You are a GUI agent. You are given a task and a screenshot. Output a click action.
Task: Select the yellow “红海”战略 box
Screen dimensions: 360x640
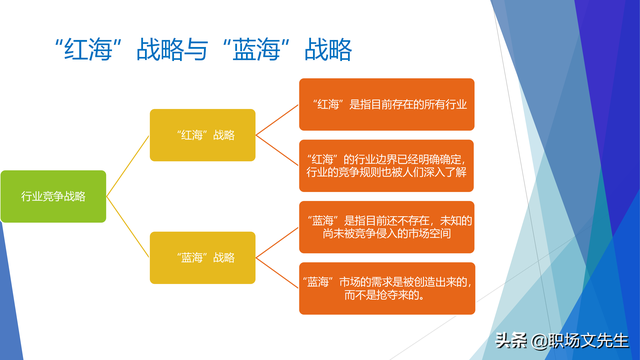click(x=201, y=135)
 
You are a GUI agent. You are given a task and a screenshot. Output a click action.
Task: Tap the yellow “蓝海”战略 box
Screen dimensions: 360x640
click(x=201, y=257)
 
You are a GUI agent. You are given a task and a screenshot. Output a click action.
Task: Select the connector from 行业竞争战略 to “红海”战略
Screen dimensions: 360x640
click(x=127, y=166)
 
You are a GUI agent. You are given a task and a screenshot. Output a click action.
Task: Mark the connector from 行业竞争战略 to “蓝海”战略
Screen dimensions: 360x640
click(x=127, y=227)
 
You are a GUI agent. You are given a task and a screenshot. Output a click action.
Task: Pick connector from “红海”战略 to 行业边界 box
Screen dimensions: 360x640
click(x=277, y=150)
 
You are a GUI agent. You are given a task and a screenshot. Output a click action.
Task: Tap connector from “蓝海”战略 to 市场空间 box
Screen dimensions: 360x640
click(x=277, y=241)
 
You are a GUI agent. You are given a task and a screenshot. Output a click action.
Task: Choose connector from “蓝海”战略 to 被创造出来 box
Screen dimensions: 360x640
click(x=277, y=272)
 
